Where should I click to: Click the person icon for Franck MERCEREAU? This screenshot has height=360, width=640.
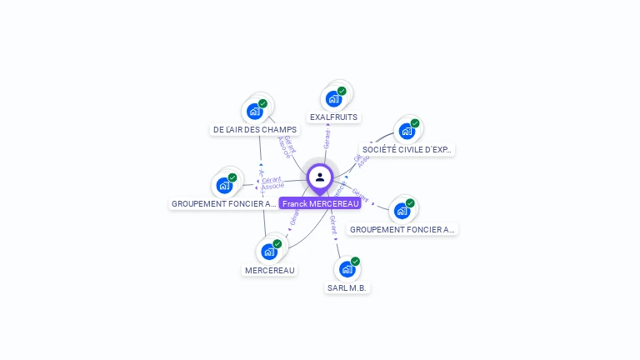(320, 177)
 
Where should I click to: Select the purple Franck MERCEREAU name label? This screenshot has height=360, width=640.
(320, 203)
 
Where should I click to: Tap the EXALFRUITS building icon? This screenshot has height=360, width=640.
(333, 98)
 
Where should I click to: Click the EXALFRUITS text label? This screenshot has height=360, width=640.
(333, 117)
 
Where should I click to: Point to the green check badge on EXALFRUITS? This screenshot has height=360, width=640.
(342, 91)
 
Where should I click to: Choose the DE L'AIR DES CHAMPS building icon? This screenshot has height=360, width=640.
(254, 111)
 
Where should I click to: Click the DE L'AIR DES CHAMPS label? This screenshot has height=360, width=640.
(255, 130)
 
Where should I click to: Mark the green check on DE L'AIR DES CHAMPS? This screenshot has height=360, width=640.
(262, 103)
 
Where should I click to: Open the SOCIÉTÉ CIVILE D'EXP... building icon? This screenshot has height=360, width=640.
(406, 131)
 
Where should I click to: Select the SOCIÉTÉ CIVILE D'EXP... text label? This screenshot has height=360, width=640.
(407, 150)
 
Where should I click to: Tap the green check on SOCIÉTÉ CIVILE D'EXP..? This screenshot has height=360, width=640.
(414, 123)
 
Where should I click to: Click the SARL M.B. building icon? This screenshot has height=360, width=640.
(347, 269)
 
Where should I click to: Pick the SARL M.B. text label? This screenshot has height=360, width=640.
(347, 287)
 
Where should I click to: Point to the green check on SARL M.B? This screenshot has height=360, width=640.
(355, 262)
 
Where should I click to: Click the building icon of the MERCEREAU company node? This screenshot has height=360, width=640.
(268, 251)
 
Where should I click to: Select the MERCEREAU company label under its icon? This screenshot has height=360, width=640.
(270, 270)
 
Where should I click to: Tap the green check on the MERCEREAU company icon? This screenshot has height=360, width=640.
(277, 243)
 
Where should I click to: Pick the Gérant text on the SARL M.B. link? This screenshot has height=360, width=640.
(333, 224)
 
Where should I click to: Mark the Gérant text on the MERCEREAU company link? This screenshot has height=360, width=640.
(293, 217)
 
